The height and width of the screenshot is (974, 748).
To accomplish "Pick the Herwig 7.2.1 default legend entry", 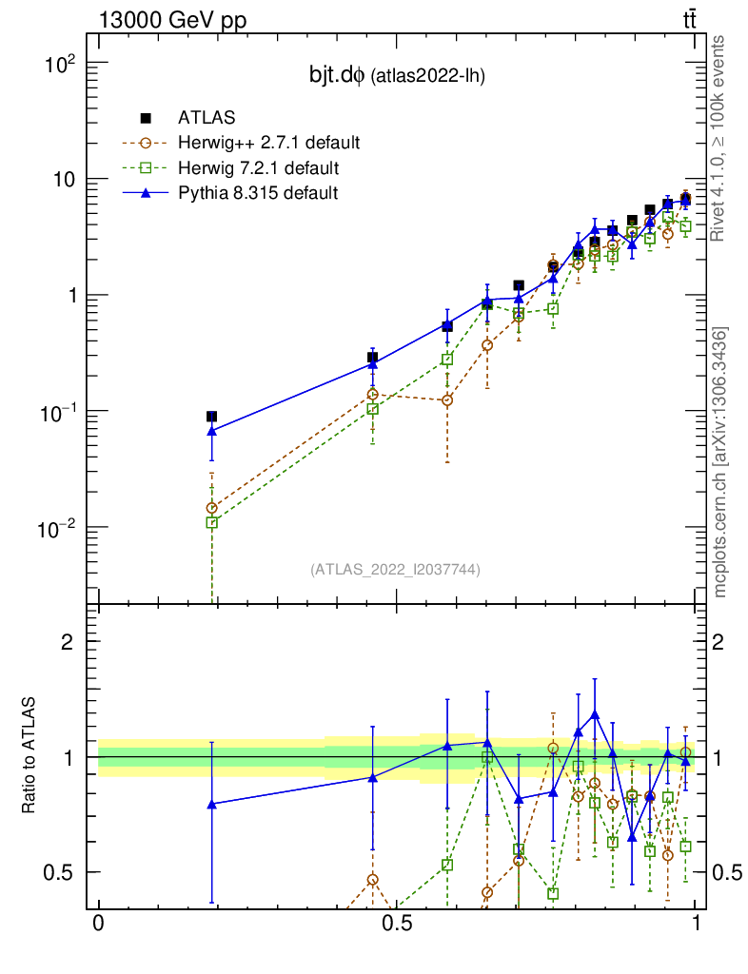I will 258,168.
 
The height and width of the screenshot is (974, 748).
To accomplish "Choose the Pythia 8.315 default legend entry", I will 257,193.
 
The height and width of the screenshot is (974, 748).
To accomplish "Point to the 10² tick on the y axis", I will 60,64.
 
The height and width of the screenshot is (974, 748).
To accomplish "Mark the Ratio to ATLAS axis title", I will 30,757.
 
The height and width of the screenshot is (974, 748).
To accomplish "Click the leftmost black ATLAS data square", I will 211,417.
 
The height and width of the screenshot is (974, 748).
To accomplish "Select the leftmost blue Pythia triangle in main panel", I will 211,431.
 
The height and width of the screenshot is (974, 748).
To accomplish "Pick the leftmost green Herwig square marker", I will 211,522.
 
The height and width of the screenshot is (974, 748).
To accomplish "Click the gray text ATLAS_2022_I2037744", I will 395,570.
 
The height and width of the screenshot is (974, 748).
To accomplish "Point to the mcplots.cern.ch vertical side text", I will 720,462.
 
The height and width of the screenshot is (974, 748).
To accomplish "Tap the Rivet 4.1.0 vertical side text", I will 720,137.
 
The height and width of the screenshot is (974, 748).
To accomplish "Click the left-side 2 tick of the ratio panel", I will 68,641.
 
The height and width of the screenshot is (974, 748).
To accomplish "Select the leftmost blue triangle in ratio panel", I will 211,804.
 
